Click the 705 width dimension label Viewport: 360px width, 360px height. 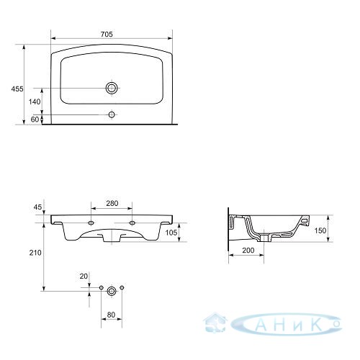point(107,35)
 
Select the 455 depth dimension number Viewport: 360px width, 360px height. point(17,89)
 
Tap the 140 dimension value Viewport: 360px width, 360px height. point(35,102)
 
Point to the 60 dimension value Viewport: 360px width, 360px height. point(35,120)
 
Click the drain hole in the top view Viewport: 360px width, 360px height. point(112,88)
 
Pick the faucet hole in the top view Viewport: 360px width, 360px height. point(112,114)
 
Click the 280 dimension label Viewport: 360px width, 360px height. point(112,203)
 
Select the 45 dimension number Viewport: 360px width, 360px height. point(37,207)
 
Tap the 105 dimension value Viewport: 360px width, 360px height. point(171,233)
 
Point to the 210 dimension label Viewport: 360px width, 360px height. point(35,253)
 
